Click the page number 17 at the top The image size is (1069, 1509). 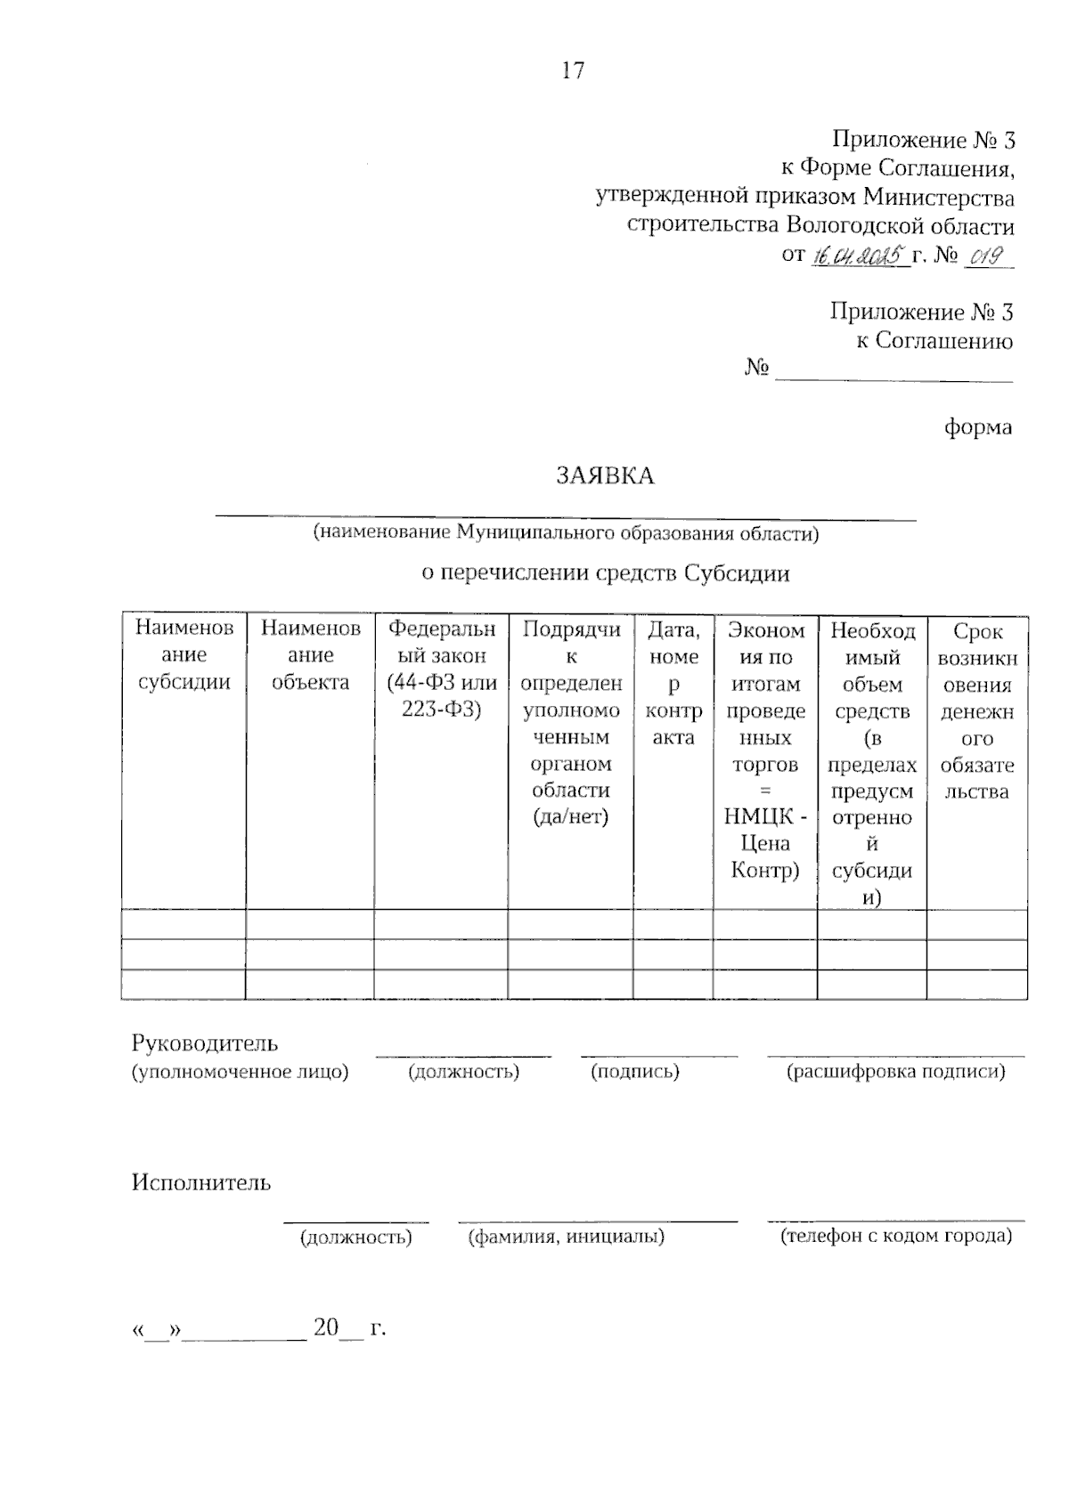tap(573, 70)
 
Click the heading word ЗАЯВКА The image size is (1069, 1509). tap(605, 476)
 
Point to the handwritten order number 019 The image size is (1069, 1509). tap(985, 256)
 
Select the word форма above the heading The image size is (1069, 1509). tap(978, 427)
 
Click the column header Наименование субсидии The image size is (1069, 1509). tap(184, 655)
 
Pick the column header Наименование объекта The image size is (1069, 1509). tap(310, 655)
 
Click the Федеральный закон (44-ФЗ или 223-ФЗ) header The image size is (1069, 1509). tap(442, 669)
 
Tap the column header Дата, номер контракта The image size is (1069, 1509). tap(673, 683)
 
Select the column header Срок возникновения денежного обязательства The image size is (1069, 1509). tap(977, 711)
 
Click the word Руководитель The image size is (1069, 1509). tap(205, 1043)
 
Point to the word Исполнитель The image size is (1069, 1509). tap(201, 1183)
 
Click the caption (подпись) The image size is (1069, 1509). tap(635, 1072)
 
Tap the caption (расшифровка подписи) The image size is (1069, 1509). tap(895, 1072)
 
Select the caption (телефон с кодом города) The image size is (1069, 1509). tap(896, 1236)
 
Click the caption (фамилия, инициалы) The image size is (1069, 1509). tap(567, 1237)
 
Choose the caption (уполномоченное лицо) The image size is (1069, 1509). tap(241, 1072)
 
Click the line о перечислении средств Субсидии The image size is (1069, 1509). tap(606, 573)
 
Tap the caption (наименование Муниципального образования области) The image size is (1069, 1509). tap(565, 534)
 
